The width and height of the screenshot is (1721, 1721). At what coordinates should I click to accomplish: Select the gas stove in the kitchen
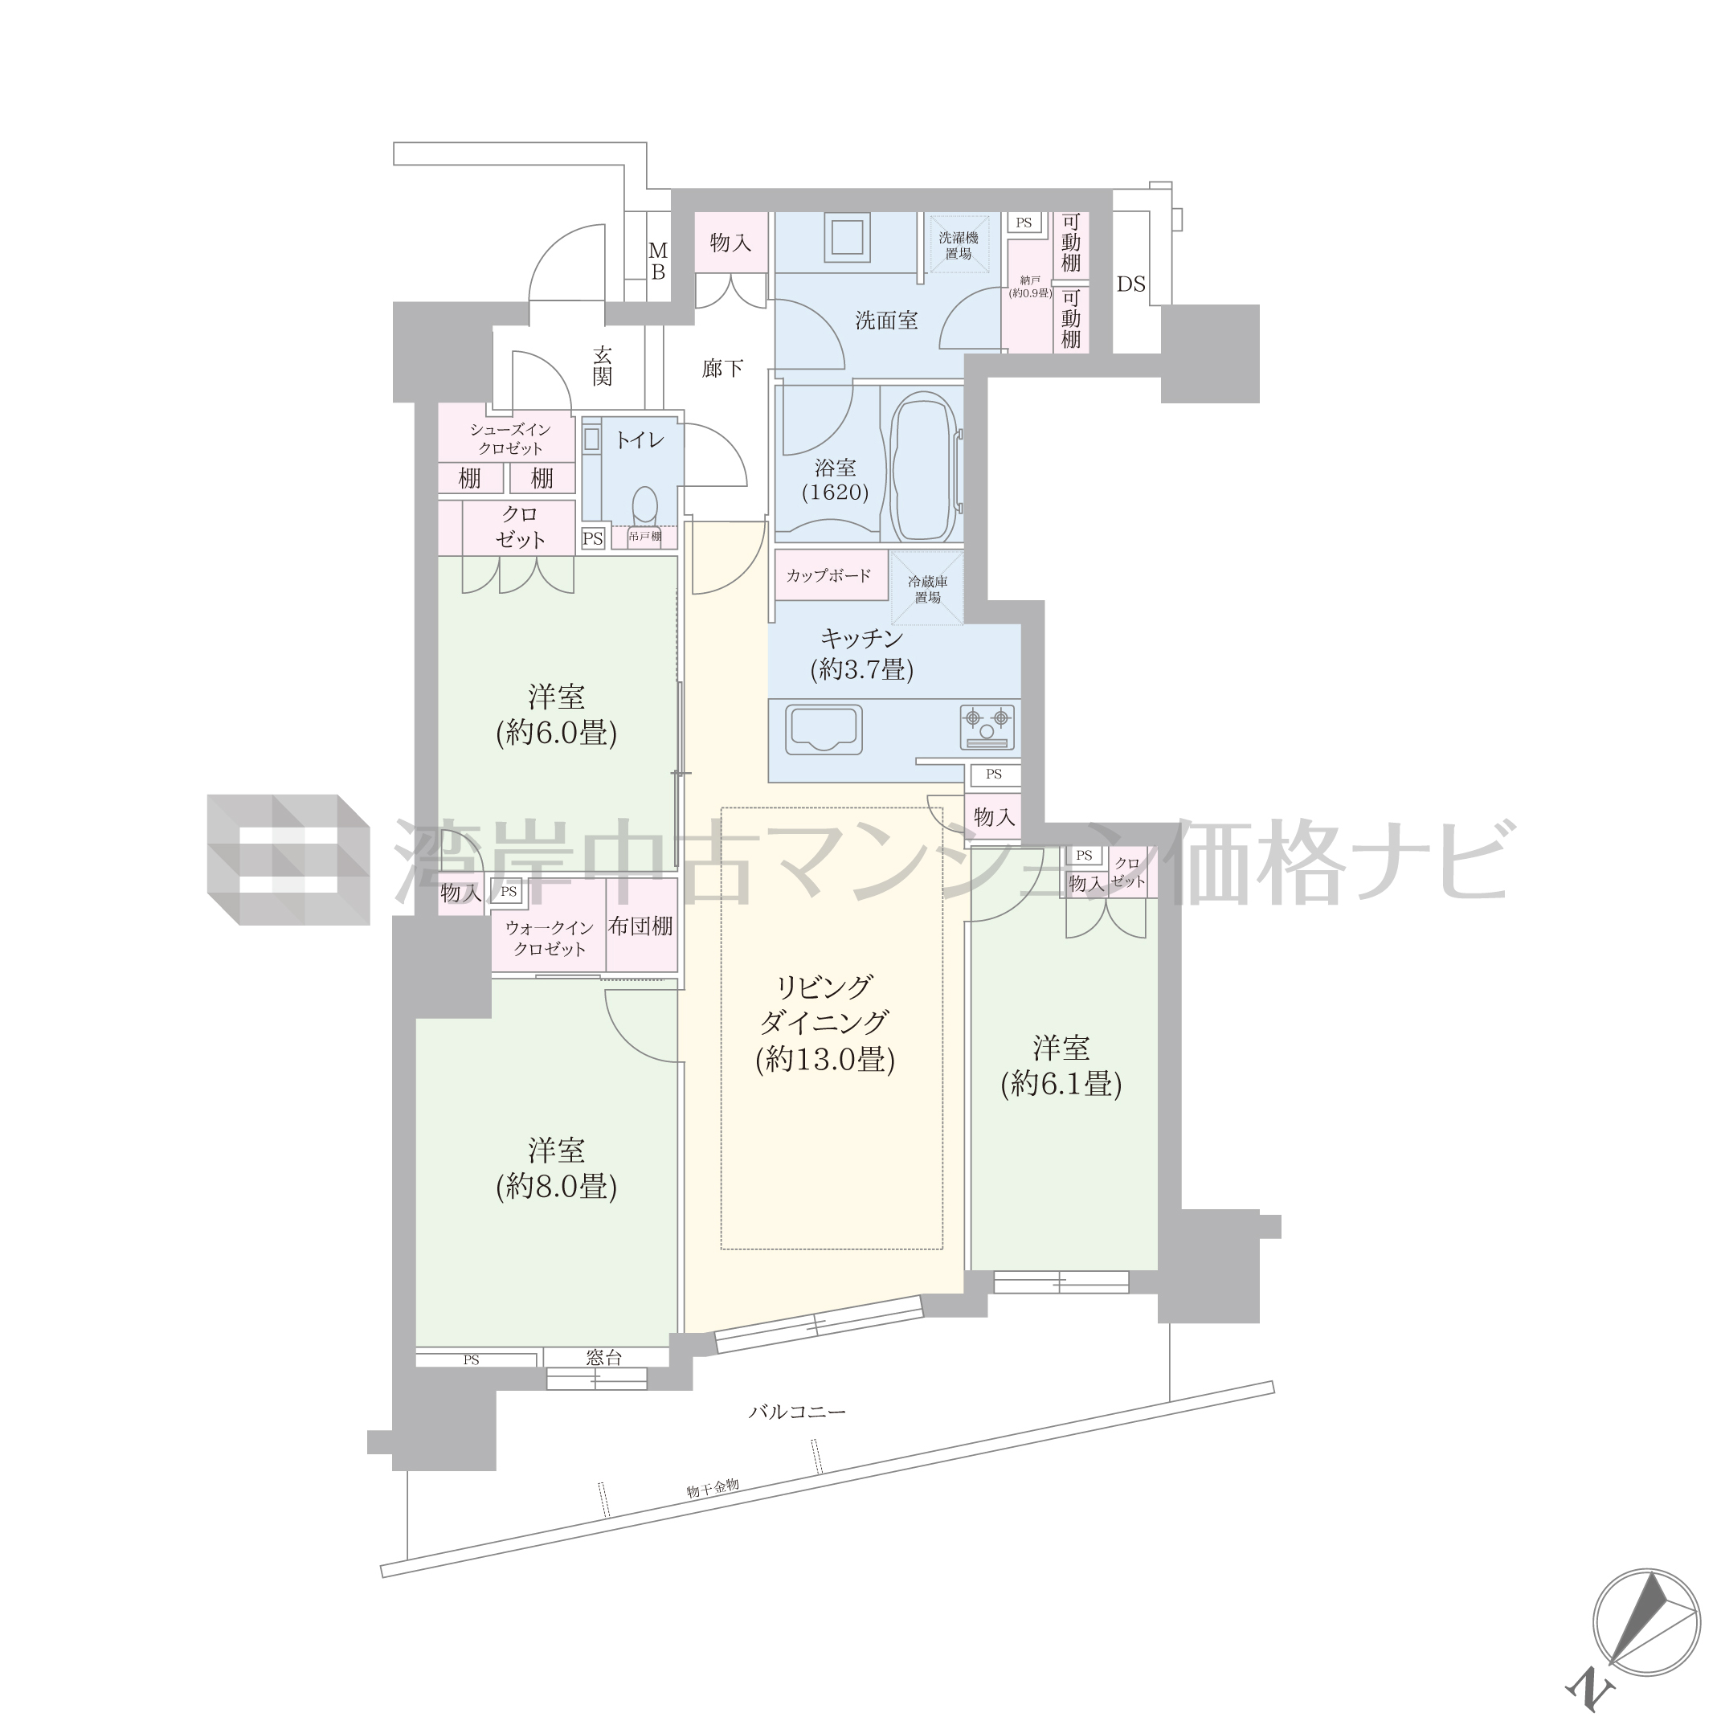987,726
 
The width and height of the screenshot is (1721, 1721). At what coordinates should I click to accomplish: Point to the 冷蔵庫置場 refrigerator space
927,589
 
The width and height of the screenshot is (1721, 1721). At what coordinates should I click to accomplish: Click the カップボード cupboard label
828,575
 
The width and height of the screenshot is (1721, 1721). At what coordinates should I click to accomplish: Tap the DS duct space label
1131,284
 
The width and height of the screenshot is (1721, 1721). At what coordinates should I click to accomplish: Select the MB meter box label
657,261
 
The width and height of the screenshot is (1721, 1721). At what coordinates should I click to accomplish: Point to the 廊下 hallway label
722,367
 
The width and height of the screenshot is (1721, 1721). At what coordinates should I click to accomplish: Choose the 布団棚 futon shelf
640,926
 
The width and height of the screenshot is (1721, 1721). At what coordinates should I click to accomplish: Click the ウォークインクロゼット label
549,939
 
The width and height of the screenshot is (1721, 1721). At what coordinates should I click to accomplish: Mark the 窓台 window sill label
604,1358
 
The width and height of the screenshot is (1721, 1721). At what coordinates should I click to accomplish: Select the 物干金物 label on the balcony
713,1488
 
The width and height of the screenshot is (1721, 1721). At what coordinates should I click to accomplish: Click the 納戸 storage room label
1031,280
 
